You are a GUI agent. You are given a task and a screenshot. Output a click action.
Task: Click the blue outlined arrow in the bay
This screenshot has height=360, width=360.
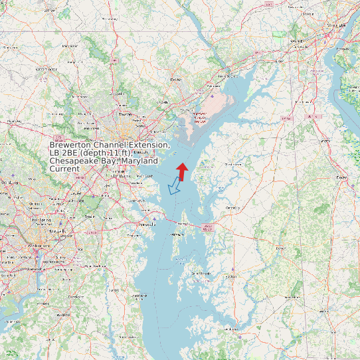(175, 186)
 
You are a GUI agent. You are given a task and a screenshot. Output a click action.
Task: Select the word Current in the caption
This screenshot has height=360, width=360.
(64, 169)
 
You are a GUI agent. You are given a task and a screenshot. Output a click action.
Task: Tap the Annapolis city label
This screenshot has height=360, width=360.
(146, 225)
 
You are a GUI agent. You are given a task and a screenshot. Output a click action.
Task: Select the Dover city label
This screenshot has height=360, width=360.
(341, 178)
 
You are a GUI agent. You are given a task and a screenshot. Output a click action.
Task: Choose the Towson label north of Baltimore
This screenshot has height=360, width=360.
(125, 114)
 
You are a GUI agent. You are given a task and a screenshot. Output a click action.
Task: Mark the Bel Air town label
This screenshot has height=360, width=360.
(176, 79)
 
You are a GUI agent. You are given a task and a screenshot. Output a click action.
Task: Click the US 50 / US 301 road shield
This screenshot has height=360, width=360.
(209, 227)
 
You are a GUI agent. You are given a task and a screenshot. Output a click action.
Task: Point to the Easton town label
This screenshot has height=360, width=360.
(231, 276)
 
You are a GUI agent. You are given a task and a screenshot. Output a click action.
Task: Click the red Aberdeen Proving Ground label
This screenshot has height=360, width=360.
(199, 118)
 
